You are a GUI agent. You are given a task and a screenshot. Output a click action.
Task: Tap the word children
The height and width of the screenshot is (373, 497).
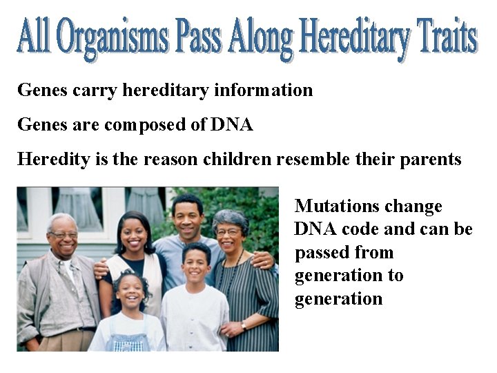pos(237,160)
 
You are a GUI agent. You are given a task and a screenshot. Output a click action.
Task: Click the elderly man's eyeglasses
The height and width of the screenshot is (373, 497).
pos(64,236)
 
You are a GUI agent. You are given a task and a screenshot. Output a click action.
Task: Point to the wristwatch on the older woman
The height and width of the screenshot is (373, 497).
pos(243,325)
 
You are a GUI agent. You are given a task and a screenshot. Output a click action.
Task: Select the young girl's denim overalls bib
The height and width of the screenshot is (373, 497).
pos(130,341)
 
